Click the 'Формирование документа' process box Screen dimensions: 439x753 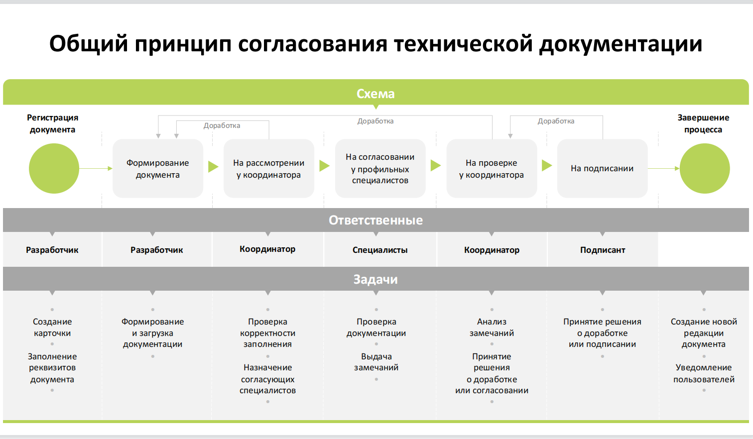pyautogui.click(x=157, y=169)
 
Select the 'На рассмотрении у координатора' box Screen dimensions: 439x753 pyautogui.click(x=268, y=169)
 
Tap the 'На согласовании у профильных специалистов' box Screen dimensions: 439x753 pyautogui.click(x=380, y=169)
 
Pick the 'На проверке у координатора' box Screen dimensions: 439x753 pyautogui.click(x=492, y=169)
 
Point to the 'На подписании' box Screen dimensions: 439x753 pyautogui.click(x=602, y=169)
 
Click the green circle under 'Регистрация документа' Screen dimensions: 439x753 pyautogui.click(x=54, y=169)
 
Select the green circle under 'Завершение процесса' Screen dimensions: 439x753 pyautogui.click(x=705, y=169)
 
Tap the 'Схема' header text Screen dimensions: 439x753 pyautogui.click(x=376, y=94)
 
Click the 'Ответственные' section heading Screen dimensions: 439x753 pyautogui.click(x=376, y=220)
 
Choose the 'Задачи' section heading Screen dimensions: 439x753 pyautogui.click(x=376, y=279)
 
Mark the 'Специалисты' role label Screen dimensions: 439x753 pyautogui.click(x=380, y=250)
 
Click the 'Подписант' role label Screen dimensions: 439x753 pyautogui.click(x=603, y=250)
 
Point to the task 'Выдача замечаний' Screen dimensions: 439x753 pyautogui.click(x=376, y=362)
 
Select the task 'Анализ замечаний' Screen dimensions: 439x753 pyautogui.click(x=492, y=328)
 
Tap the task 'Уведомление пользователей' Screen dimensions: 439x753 pyautogui.click(x=704, y=373)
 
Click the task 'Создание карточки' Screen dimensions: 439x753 pyautogui.click(x=52, y=328)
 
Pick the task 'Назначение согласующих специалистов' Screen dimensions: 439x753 pyautogui.click(x=267, y=379)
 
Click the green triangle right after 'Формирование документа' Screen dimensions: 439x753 pyautogui.click(x=213, y=166)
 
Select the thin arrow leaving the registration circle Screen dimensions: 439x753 pyautogui.click(x=96, y=169)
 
